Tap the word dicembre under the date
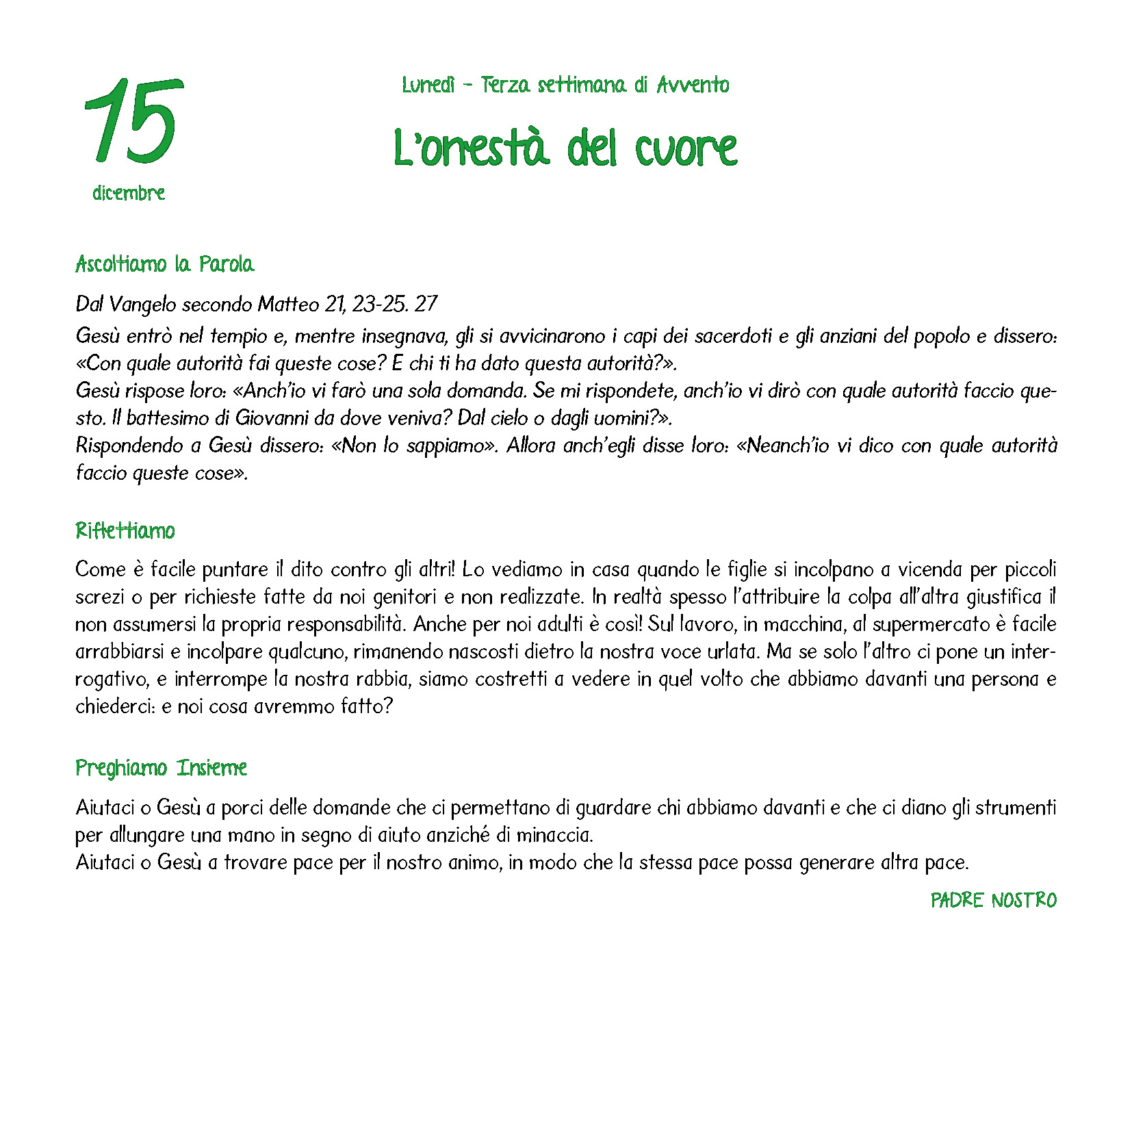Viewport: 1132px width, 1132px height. click(129, 193)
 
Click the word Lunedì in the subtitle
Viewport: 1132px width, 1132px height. click(428, 85)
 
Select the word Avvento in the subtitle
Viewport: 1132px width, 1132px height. click(693, 85)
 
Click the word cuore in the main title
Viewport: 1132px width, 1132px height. click(686, 149)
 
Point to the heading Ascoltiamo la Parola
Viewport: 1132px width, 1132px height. click(164, 264)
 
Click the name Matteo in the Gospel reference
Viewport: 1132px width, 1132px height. click(288, 304)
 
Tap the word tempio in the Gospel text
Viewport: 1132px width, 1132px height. click(239, 336)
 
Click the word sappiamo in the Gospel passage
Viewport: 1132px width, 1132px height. click(446, 446)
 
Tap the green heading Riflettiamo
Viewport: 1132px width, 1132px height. click(125, 531)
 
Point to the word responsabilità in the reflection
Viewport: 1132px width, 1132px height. click(346, 624)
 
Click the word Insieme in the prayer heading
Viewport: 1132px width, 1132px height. click(212, 768)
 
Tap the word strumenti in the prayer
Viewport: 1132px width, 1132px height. click(1016, 808)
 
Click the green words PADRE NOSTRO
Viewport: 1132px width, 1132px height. click(993, 900)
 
